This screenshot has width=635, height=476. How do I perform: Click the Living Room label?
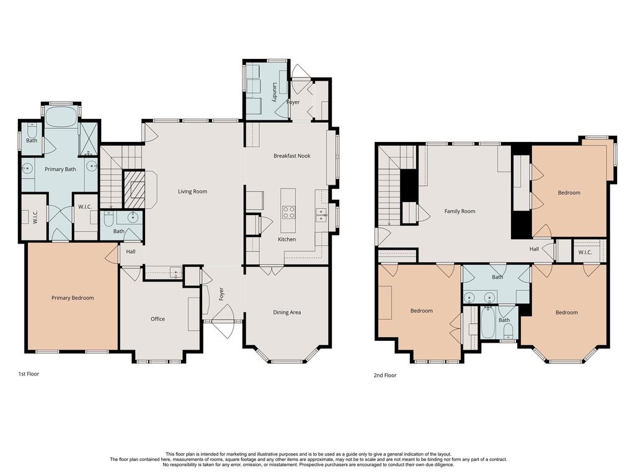tap(192, 192)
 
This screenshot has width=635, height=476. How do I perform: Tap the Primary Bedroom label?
tap(73, 298)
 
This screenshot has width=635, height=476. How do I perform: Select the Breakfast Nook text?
tap(291, 156)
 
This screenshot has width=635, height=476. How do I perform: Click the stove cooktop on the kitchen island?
tap(288, 212)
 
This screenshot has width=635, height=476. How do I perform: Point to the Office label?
tap(158, 319)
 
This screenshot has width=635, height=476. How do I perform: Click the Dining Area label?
tap(286, 312)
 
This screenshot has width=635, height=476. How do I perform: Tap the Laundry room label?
tap(275, 92)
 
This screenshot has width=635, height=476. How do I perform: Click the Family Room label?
tap(460, 211)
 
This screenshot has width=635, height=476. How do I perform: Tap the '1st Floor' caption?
tap(29, 374)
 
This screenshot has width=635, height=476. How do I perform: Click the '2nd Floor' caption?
tap(384, 376)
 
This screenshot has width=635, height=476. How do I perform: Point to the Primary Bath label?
tap(60, 169)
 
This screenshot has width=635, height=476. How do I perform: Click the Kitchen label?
tap(286, 240)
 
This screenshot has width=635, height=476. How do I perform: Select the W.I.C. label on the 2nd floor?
tap(585, 252)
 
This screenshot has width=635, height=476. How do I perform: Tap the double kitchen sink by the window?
tap(321, 215)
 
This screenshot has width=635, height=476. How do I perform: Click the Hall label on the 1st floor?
tap(130, 252)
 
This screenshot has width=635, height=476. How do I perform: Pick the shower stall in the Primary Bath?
tap(88, 138)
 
